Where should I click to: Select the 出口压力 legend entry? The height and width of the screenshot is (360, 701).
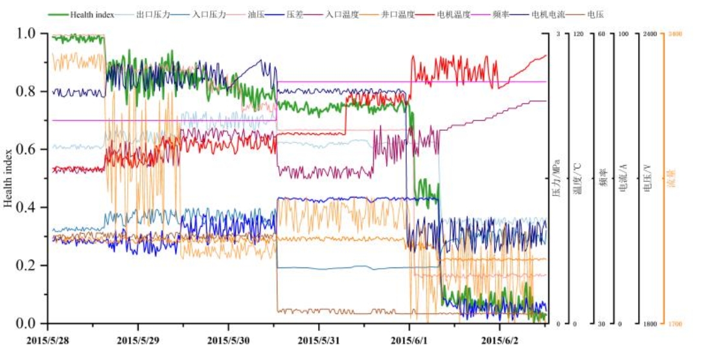pos(153,14)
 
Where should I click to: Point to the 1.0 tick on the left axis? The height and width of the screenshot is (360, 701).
pos(31,34)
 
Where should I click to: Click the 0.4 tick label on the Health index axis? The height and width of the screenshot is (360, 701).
pos(31,208)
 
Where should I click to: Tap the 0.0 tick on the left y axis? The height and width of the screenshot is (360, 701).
pos(31,323)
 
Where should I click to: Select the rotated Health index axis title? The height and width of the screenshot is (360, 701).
pos(8,179)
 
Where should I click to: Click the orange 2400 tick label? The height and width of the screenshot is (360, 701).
pos(675,34)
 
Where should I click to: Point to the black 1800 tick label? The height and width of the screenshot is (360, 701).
pos(649,324)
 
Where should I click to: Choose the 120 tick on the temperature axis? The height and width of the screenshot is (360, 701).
pos(579,34)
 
